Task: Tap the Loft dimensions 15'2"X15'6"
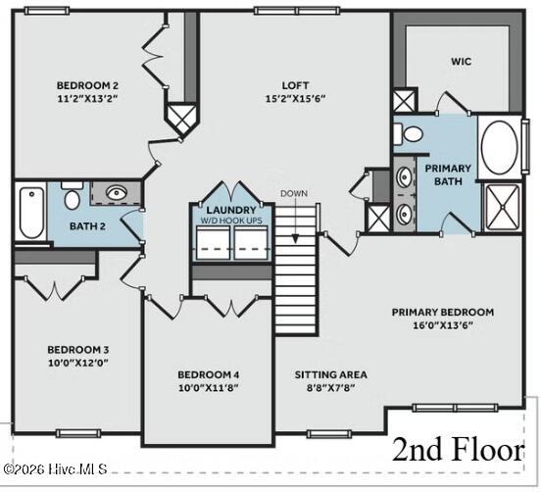coord(296,99)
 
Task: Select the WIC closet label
coord(462,62)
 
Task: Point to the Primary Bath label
coord(447,174)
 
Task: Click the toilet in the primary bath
coord(413,133)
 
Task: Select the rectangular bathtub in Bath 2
coord(29,213)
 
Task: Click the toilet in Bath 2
coord(72,199)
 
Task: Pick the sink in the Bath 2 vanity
coord(116,193)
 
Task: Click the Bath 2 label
coord(87,226)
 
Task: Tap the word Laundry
coord(231,210)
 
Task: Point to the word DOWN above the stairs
coord(293,193)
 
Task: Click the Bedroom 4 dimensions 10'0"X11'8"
coord(208,387)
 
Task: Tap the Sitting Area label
coord(330,374)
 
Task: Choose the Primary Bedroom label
coord(442,313)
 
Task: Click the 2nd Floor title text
coord(458,450)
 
